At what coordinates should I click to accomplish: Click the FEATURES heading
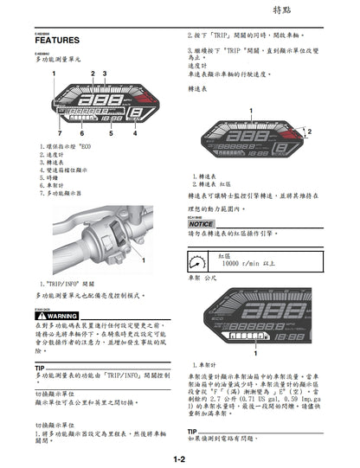click(x=59, y=41)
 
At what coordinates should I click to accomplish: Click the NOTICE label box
click(x=201, y=224)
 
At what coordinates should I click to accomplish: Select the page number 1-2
click(x=179, y=459)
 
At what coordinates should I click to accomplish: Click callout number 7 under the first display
click(x=59, y=135)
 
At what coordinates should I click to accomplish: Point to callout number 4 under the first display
click(x=136, y=135)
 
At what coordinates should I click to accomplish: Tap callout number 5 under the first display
click(x=112, y=135)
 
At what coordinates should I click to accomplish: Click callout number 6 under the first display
click(x=82, y=135)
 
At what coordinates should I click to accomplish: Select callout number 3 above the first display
click(x=104, y=74)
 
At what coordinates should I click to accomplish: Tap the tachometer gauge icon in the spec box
click(x=197, y=260)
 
